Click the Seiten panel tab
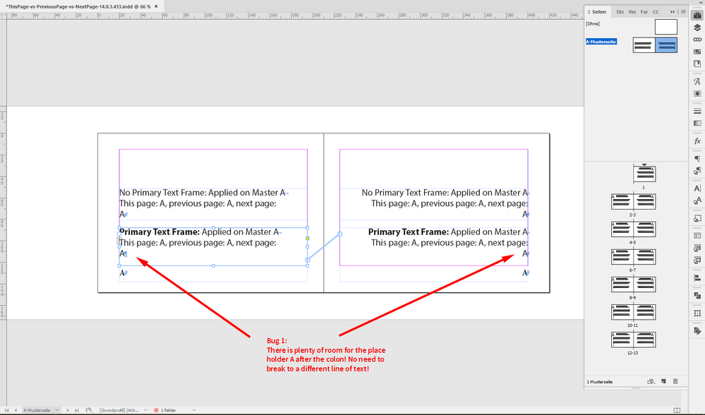point(597,12)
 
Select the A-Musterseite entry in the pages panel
point(601,42)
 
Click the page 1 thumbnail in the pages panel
point(644,173)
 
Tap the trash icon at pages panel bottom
point(675,382)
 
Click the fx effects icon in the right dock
point(697,141)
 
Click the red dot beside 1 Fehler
point(157,410)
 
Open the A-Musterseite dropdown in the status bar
point(57,410)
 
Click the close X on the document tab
point(156,6)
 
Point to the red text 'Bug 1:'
point(276,341)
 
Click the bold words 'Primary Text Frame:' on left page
point(159,231)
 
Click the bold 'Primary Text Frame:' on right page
point(408,231)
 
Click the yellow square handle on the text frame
point(308,239)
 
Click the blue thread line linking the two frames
point(324,246)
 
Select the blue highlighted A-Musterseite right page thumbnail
point(666,44)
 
